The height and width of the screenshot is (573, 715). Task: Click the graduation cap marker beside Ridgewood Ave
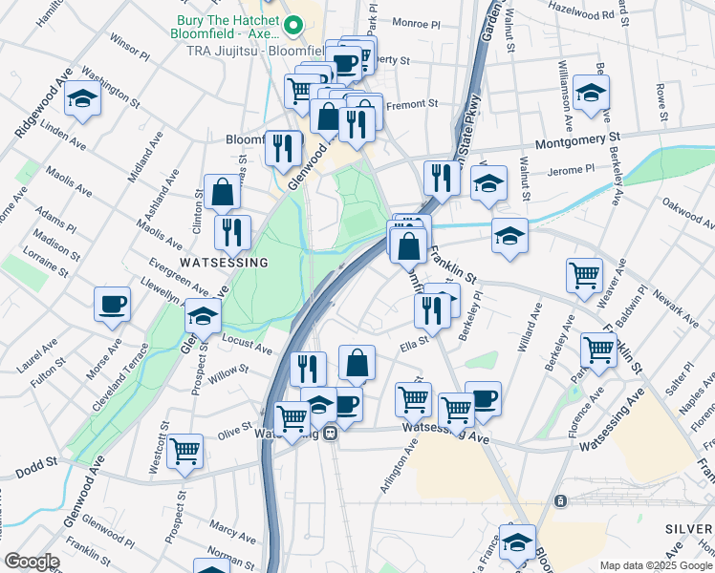(x=83, y=100)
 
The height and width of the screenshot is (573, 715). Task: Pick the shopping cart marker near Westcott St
(x=185, y=451)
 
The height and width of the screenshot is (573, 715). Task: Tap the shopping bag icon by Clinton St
(x=222, y=192)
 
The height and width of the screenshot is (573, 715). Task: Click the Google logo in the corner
(x=32, y=562)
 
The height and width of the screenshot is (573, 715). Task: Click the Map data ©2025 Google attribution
(x=657, y=565)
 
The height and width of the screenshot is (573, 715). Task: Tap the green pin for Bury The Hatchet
(x=295, y=25)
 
